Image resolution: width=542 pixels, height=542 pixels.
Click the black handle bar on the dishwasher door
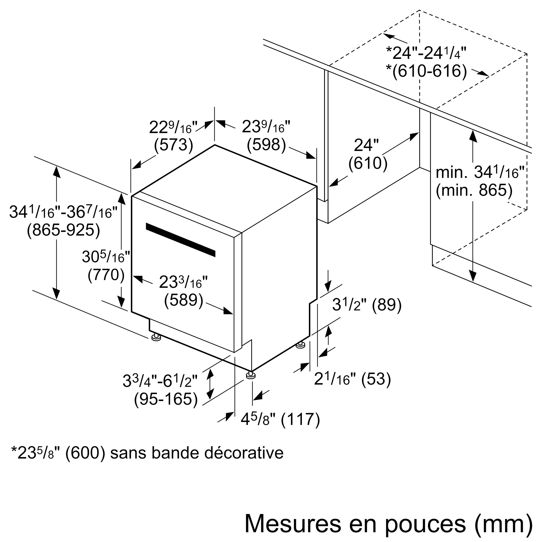tap(180, 240)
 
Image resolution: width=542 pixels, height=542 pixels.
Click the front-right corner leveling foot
tap(250, 375)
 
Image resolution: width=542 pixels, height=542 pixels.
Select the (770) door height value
tap(106, 275)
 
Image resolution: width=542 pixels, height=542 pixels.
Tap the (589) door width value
tap(183, 300)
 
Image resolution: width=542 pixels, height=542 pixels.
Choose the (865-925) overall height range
tap(63, 231)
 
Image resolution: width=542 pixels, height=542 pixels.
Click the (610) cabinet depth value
tap(368, 163)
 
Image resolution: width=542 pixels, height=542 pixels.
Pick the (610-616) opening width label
tap(429, 71)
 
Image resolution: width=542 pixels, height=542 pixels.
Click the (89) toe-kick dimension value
tap(387, 305)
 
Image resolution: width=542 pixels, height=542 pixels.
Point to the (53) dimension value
tap(376, 379)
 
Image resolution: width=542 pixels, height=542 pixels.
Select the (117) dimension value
tap(300, 420)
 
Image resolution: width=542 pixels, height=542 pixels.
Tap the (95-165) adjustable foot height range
tap(166, 399)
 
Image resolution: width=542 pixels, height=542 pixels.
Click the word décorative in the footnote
tap(244, 453)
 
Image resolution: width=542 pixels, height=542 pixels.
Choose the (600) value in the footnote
tap(85, 453)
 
